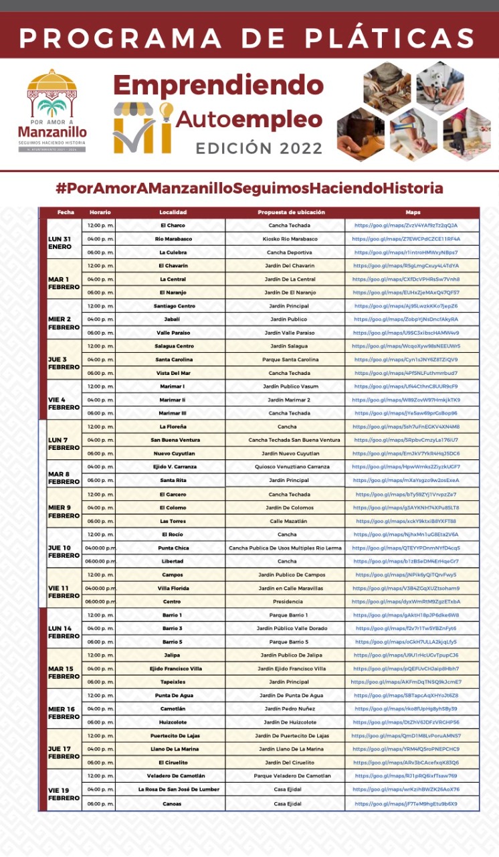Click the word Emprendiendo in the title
(218, 85)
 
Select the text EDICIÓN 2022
(259, 148)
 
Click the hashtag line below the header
(249, 188)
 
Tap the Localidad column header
(173, 212)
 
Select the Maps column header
(412, 212)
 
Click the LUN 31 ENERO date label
(60, 242)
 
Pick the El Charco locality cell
(173, 226)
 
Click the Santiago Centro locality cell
(173, 306)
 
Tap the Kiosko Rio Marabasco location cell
(288, 239)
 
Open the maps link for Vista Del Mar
(406, 373)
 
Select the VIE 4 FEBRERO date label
(63, 403)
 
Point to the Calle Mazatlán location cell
(287, 521)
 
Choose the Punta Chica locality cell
(173, 548)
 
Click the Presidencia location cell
(287, 601)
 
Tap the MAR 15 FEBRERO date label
(64, 672)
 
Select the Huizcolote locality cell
(173, 722)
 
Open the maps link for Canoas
(406, 803)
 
